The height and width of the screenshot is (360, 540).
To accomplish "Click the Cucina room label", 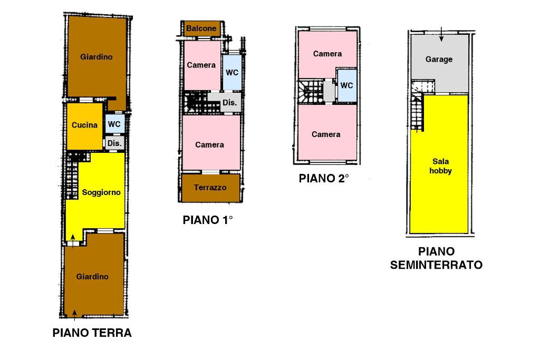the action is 84,125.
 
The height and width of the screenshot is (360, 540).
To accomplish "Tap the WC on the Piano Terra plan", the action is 114,124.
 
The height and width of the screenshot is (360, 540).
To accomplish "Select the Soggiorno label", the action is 101,192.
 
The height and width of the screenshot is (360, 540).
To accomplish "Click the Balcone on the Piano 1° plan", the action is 201,28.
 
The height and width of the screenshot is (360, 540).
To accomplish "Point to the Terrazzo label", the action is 210,188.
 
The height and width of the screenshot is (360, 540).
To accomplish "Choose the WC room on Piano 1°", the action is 232,73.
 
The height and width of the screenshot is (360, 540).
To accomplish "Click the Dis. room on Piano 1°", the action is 230,103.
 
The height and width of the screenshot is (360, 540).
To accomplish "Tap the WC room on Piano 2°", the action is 347,85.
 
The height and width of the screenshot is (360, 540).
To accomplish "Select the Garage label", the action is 439,59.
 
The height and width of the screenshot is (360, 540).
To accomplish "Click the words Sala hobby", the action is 440,166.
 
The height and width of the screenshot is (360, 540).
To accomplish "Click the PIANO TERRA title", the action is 92,333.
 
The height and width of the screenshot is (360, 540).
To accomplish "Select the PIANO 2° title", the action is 324,178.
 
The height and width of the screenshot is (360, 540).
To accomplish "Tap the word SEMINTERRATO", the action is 436,265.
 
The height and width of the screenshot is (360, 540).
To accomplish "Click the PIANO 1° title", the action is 208,220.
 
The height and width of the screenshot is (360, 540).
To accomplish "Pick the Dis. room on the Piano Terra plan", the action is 114,143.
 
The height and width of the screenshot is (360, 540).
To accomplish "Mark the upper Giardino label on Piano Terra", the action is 97,57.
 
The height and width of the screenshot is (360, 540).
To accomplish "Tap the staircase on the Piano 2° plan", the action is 311,92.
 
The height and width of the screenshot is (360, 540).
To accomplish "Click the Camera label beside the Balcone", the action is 201,65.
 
